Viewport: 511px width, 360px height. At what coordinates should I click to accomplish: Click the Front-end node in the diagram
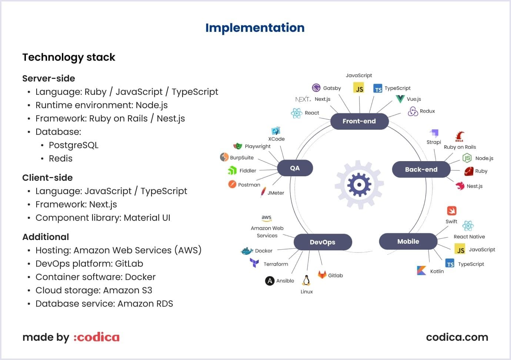tap(359, 121)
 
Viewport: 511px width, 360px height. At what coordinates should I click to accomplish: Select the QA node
tap(295, 168)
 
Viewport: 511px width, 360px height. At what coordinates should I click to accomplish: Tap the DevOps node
tap(323, 242)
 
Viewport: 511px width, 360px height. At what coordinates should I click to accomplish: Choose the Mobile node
tap(408, 241)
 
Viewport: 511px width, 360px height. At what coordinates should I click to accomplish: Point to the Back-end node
tap(421, 170)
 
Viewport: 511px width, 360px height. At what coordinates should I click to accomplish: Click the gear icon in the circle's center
tap(359, 184)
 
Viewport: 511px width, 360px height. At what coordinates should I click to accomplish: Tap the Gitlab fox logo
tap(322, 275)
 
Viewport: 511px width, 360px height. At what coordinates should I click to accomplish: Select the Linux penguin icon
tap(306, 280)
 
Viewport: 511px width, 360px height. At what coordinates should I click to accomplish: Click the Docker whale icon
tap(247, 251)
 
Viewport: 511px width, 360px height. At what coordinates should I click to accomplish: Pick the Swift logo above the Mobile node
tap(451, 211)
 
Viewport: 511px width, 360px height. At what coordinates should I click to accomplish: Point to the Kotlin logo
tap(421, 271)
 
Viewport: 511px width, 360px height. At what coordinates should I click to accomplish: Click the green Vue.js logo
tap(400, 99)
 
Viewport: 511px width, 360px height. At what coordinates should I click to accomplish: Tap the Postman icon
tap(232, 184)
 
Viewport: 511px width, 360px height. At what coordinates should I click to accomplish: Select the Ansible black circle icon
tap(270, 281)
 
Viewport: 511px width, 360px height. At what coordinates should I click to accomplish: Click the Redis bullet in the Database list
tap(61, 159)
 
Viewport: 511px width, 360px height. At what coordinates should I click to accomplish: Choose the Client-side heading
tap(47, 178)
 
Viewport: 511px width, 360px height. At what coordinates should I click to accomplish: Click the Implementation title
tap(255, 28)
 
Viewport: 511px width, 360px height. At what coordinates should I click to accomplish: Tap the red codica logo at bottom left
tap(96, 337)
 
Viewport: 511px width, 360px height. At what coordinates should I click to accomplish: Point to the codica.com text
tap(457, 337)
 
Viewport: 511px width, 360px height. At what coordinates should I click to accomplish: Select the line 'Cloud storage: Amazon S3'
tap(94, 290)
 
